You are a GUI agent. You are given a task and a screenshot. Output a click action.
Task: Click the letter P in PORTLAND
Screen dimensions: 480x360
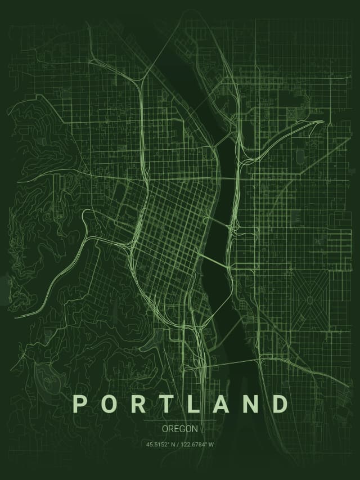[x=80, y=404]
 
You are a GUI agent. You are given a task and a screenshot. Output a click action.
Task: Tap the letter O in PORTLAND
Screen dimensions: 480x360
[x=109, y=404]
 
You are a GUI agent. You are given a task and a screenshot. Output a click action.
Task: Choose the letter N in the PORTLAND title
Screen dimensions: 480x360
[x=250, y=404]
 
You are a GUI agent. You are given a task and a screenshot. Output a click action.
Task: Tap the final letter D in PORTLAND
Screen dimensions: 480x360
[x=280, y=404]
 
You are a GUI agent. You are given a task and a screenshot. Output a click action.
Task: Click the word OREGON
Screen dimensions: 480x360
[x=180, y=429]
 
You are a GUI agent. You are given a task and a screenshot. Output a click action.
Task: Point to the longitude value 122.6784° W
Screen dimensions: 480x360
[x=197, y=445]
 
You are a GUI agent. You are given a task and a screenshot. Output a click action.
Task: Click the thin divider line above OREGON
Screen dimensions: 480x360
[x=180, y=420]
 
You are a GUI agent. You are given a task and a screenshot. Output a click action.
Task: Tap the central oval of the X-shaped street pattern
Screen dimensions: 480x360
[x=309, y=299]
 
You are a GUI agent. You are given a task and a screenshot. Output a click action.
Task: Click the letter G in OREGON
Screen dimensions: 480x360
[x=181, y=429]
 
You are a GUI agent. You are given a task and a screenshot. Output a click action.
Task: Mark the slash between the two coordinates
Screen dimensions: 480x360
[x=178, y=445]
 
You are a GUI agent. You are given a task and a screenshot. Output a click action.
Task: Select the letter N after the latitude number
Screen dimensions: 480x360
[x=174, y=445]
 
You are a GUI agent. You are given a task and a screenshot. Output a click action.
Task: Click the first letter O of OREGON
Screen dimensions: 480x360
[x=165, y=429]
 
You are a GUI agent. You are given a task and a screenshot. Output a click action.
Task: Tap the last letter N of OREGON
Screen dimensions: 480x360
[x=195, y=429]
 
